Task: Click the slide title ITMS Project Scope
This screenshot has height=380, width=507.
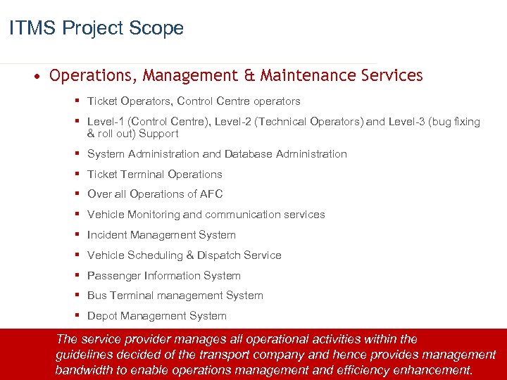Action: coord(96,28)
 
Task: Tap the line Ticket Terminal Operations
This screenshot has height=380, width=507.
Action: coord(154,174)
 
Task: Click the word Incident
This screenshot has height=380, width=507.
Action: coord(108,235)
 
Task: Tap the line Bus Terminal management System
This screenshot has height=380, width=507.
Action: coord(175,296)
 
